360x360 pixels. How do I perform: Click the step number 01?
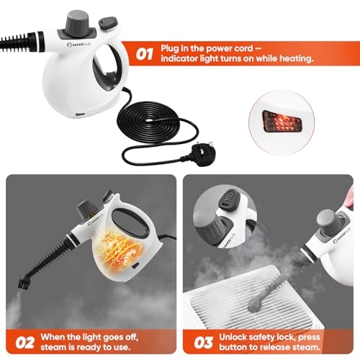[x=144, y=54]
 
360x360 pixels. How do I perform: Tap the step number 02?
[x=25, y=343]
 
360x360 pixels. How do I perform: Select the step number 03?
[x=203, y=343]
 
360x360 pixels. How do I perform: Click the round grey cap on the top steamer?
[x=78, y=21]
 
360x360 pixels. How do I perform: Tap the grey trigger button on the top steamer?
[x=108, y=23]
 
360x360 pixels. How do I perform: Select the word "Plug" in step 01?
[x=170, y=48]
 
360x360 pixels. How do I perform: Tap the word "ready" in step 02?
[x=91, y=348]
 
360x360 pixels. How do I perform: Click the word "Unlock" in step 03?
[x=233, y=337]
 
